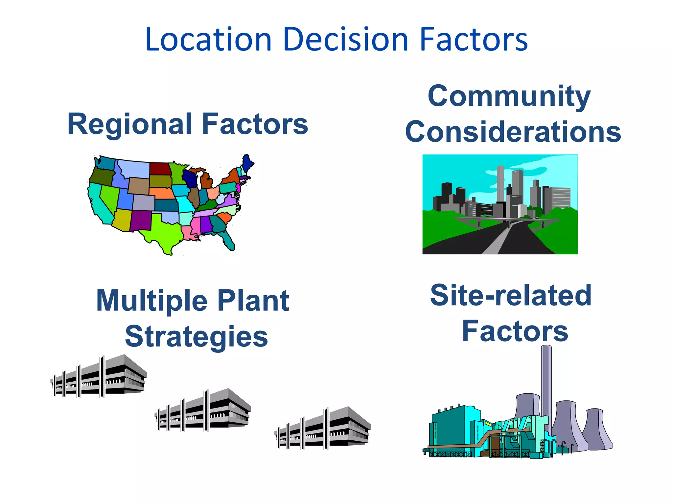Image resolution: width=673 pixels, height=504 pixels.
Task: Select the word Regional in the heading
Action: tap(130, 124)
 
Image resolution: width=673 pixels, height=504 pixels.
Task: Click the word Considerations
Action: tap(513, 132)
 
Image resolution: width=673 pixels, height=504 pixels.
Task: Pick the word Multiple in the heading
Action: tap(152, 301)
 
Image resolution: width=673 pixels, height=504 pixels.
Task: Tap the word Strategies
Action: tap(197, 337)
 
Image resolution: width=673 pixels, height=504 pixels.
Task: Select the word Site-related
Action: tap(511, 295)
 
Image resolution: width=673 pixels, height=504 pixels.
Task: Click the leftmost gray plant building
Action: tap(99, 376)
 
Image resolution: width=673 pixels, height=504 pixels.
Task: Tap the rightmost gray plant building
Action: tap(323, 429)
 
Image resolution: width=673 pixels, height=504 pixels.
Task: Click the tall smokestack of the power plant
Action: tap(546, 387)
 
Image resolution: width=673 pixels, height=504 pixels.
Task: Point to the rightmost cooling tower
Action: tap(596, 430)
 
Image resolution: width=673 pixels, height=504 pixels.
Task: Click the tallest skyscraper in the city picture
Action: tap(500, 184)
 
